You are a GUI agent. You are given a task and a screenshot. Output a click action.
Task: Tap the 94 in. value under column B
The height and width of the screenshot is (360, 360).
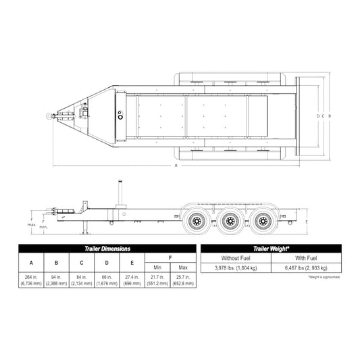[57, 281]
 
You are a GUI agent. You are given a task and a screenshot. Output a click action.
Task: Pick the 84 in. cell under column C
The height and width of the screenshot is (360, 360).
[82, 281]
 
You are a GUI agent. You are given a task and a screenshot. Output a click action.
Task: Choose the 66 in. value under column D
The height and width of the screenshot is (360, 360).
[107, 281]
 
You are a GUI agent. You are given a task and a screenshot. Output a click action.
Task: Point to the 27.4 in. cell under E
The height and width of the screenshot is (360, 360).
[132, 281]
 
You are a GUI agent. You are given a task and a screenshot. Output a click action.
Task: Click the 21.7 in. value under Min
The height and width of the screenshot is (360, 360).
[157, 281]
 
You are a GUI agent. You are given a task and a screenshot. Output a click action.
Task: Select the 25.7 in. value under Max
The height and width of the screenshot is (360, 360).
[182, 281]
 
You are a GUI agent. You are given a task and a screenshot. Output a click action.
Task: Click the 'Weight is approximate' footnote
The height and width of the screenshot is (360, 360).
[324, 278]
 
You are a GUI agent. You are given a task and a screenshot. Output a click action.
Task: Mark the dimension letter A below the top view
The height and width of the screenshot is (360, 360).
[175, 165]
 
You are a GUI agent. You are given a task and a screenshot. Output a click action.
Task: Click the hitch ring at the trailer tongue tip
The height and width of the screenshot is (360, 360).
[50, 116]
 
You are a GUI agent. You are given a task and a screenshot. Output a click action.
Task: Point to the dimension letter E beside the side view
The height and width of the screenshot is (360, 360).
[307, 221]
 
